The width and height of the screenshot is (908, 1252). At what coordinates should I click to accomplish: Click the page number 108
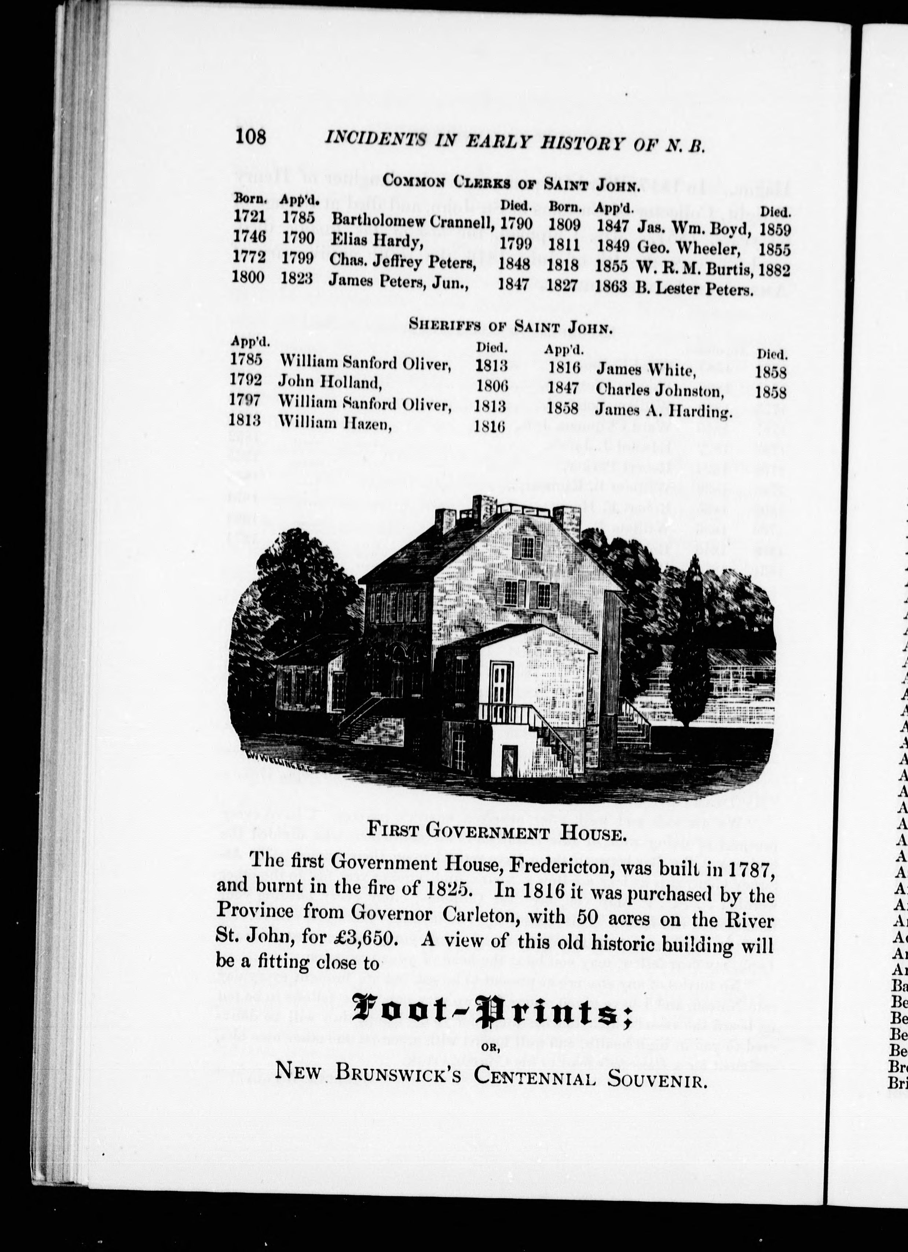click(x=250, y=136)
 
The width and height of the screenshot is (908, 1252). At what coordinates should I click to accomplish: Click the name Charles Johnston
click(x=659, y=390)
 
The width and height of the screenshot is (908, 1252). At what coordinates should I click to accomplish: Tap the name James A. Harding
click(x=664, y=411)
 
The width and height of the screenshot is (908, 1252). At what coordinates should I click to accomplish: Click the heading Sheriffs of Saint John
click(x=511, y=326)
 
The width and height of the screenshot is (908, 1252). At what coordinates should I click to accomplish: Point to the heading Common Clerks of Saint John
click(x=511, y=182)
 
